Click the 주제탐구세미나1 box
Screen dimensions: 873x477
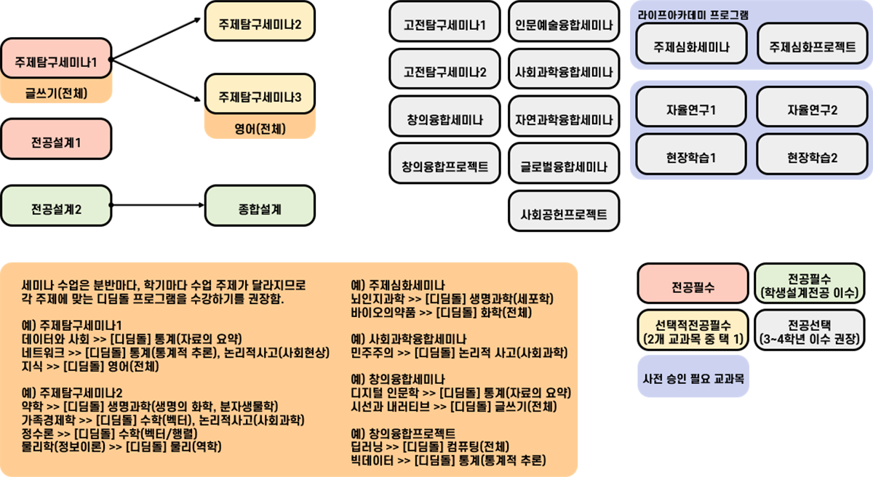click(56, 58)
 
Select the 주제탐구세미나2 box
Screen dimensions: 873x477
click(260, 21)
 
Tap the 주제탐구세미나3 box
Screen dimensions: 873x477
click(260, 94)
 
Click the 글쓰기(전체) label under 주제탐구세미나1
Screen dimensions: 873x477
click(56, 93)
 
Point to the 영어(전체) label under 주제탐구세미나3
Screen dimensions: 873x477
click(260, 129)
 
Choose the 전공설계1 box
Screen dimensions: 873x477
click(56, 139)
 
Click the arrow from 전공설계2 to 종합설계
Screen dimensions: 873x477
click(157, 205)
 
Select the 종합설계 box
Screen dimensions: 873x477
click(260, 206)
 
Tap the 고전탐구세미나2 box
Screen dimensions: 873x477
click(445, 69)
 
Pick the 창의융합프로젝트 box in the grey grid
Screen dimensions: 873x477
click(445, 163)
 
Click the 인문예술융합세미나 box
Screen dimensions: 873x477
click(564, 21)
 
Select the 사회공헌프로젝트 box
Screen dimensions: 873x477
click(564, 211)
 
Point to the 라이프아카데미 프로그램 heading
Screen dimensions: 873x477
click(693, 15)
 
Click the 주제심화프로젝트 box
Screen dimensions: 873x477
click(812, 44)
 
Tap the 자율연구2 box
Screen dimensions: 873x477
click(812, 107)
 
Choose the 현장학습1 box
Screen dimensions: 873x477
click(691, 154)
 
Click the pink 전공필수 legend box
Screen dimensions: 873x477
click(693, 284)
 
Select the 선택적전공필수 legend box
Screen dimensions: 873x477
click(693, 330)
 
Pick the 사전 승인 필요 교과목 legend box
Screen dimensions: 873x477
click(693, 376)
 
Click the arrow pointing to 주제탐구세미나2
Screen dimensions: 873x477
click(156, 39)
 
